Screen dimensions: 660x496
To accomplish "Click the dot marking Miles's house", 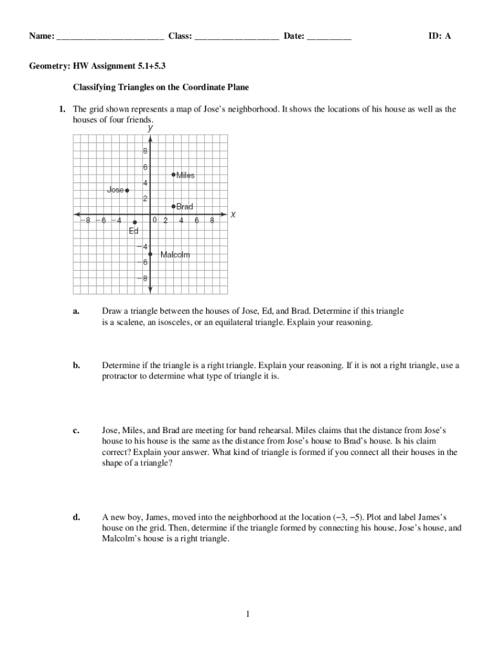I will (173, 174).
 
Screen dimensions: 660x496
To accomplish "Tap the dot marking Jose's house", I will (127, 190).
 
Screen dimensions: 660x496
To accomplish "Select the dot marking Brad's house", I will (173, 206).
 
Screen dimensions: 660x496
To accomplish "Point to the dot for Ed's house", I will (135, 222).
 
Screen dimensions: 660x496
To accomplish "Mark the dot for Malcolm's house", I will (150, 254).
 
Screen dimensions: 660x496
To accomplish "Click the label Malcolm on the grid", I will (175, 255).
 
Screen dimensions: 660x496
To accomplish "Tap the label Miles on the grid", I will (186, 175).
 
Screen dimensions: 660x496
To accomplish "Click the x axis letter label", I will (233, 215).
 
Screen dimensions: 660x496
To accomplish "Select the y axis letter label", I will (150, 128).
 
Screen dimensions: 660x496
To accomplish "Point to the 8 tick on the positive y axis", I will (145, 151).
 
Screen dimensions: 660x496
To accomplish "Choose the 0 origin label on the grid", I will (155, 220).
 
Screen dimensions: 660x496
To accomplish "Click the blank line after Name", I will (110, 37).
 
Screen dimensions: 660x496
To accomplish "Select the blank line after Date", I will (329, 37).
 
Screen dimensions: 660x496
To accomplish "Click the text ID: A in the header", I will (440, 36).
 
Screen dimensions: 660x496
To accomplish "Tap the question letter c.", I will (76, 429).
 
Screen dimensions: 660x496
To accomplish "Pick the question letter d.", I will (76, 517).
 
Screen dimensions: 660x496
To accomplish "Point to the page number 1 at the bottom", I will (247, 614).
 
